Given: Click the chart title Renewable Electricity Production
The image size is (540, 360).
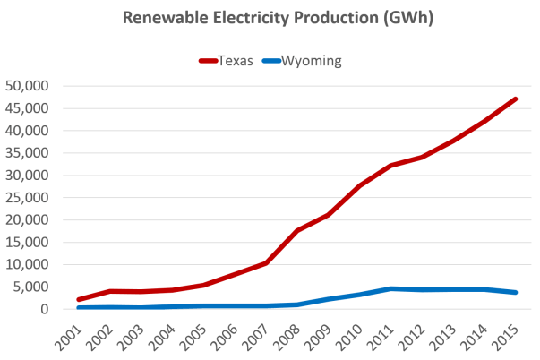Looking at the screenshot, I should pos(269,17).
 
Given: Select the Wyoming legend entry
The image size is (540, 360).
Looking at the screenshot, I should pos(300,61).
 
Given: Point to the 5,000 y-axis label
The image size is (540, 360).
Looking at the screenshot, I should pos(34,287).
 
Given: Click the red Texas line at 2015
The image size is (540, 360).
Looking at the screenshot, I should pos(516,98).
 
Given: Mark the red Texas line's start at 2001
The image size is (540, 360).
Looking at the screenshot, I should pos(79,299).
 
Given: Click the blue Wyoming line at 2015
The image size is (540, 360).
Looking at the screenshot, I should pos(516,292).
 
